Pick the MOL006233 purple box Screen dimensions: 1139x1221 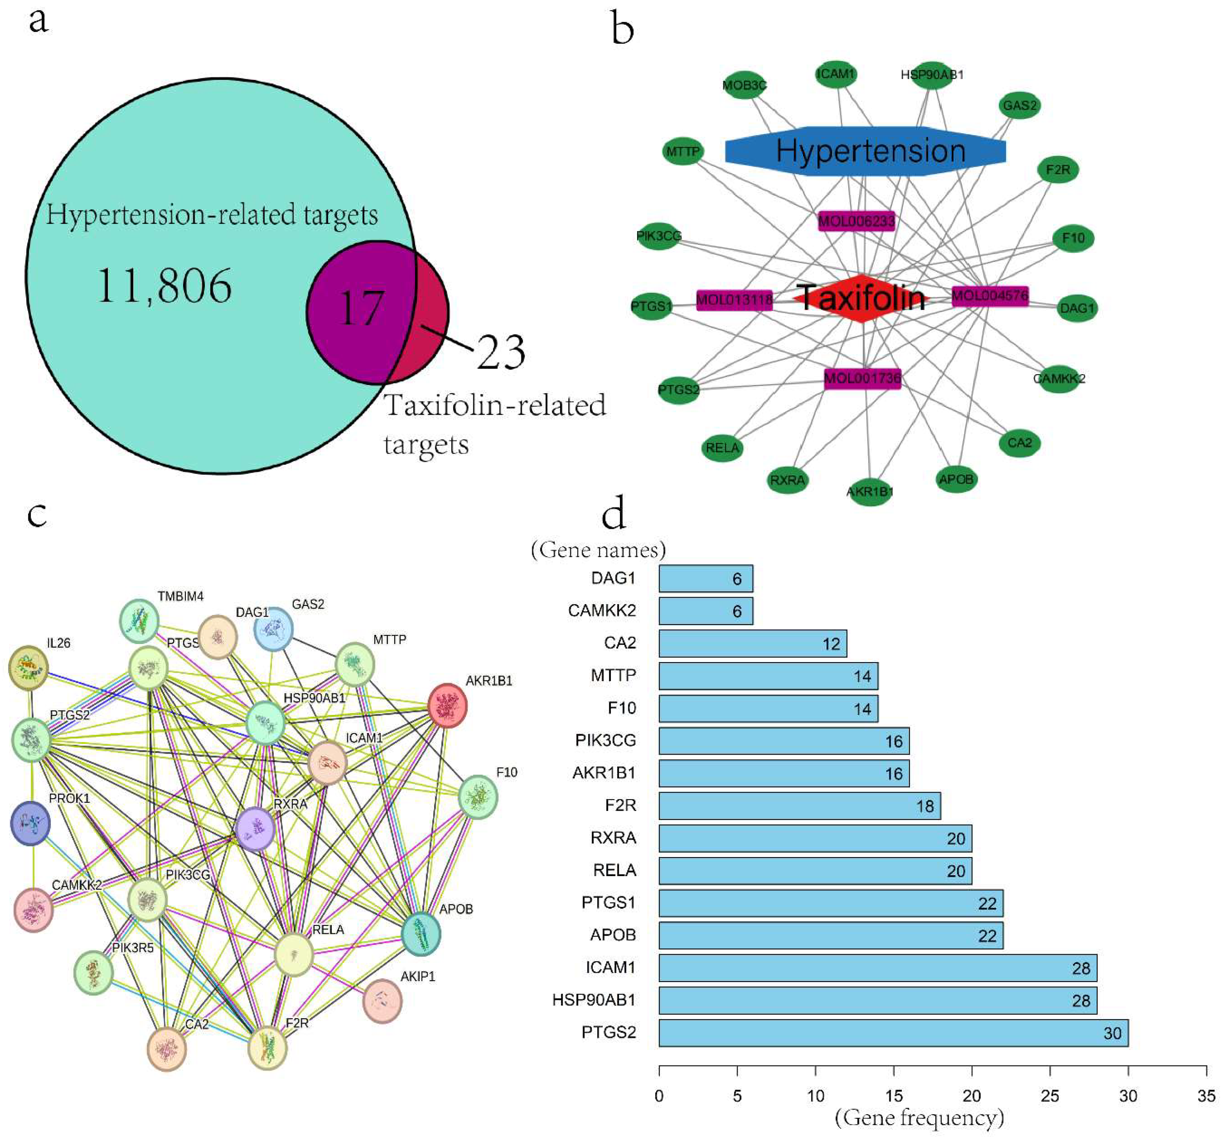[856, 221]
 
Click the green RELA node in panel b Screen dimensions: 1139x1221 [722, 448]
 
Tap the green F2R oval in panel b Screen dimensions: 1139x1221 [1058, 169]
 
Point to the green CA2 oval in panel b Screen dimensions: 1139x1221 [1020, 443]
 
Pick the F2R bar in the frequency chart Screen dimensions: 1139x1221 [799, 806]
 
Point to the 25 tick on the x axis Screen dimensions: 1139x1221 [1050, 1096]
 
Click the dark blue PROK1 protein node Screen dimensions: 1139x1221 [30, 823]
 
